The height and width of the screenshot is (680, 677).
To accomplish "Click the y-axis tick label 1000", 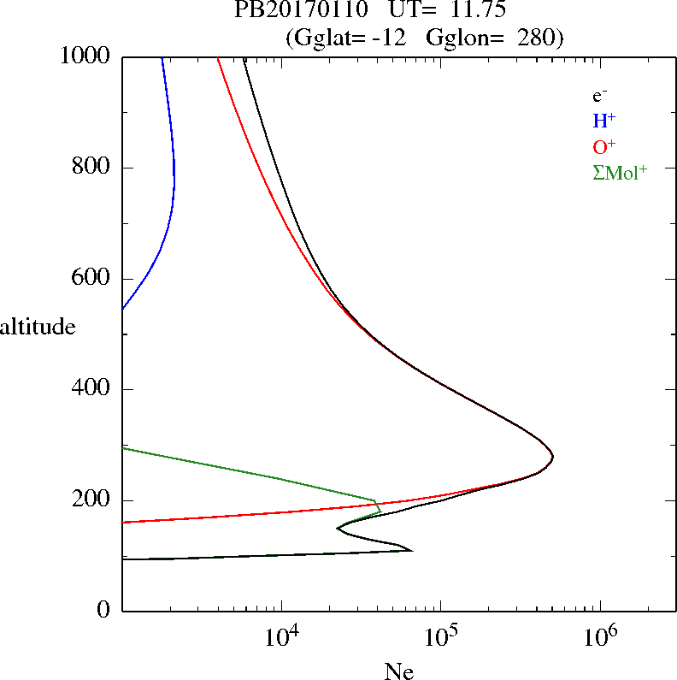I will tap(86, 56).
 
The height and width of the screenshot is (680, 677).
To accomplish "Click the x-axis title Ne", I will tap(399, 671).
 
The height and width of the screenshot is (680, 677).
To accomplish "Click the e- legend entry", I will tap(600, 97).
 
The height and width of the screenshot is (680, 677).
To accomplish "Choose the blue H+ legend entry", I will tap(603, 121).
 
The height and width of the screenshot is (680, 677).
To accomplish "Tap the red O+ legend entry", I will tap(603, 146).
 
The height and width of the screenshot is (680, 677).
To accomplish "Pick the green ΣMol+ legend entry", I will tap(620, 172).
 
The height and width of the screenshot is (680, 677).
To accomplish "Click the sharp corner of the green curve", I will tap(375, 500).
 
